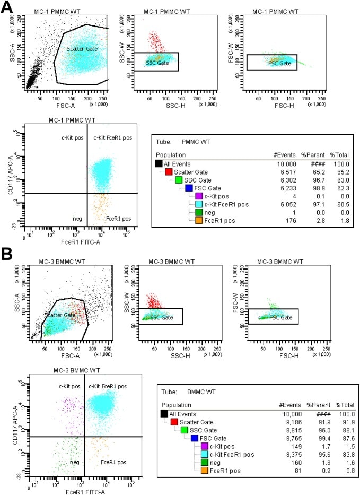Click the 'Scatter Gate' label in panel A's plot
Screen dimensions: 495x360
tap(81, 49)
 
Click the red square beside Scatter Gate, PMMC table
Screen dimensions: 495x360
tap(169, 172)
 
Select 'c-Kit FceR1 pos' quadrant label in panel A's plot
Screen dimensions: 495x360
tap(112, 138)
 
